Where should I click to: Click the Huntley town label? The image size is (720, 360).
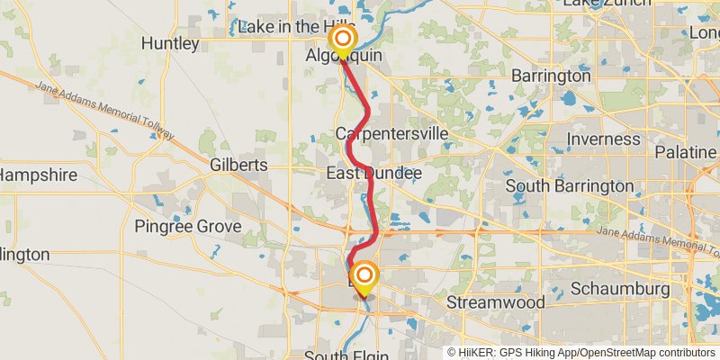[x=170, y=43]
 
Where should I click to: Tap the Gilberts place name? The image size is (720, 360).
[x=238, y=166]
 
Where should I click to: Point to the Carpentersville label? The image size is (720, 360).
[x=391, y=133]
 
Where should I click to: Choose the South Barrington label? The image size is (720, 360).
[x=570, y=186]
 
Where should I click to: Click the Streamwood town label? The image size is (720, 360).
[x=495, y=302]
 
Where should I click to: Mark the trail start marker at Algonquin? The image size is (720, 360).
[x=343, y=40]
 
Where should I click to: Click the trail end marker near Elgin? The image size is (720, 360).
[x=364, y=276]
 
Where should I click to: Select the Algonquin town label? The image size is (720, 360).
[x=344, y=56]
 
